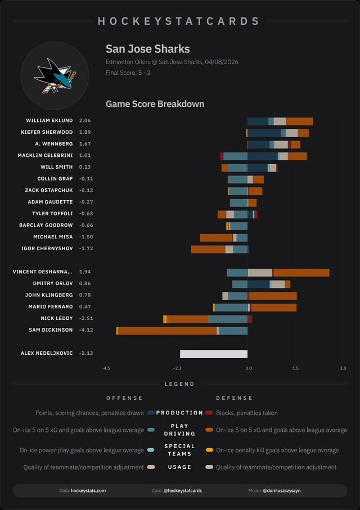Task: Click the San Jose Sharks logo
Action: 55,75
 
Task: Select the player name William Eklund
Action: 49,121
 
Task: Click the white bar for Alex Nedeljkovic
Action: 214,354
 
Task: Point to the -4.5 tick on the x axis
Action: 106,368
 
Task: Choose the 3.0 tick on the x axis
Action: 343,368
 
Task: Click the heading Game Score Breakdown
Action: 155,104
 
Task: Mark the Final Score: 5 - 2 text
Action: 128,73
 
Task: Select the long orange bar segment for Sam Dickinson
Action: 167,331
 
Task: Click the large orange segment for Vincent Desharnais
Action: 301,273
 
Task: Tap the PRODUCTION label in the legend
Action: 179,413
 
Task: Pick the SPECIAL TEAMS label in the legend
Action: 179,450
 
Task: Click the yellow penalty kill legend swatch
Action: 209,450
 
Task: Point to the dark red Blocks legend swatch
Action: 209,413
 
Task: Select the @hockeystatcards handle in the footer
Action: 183,491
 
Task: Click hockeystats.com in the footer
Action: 88,491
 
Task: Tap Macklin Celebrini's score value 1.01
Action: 85,155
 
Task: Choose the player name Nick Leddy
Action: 57,318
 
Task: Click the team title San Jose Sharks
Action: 147,49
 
